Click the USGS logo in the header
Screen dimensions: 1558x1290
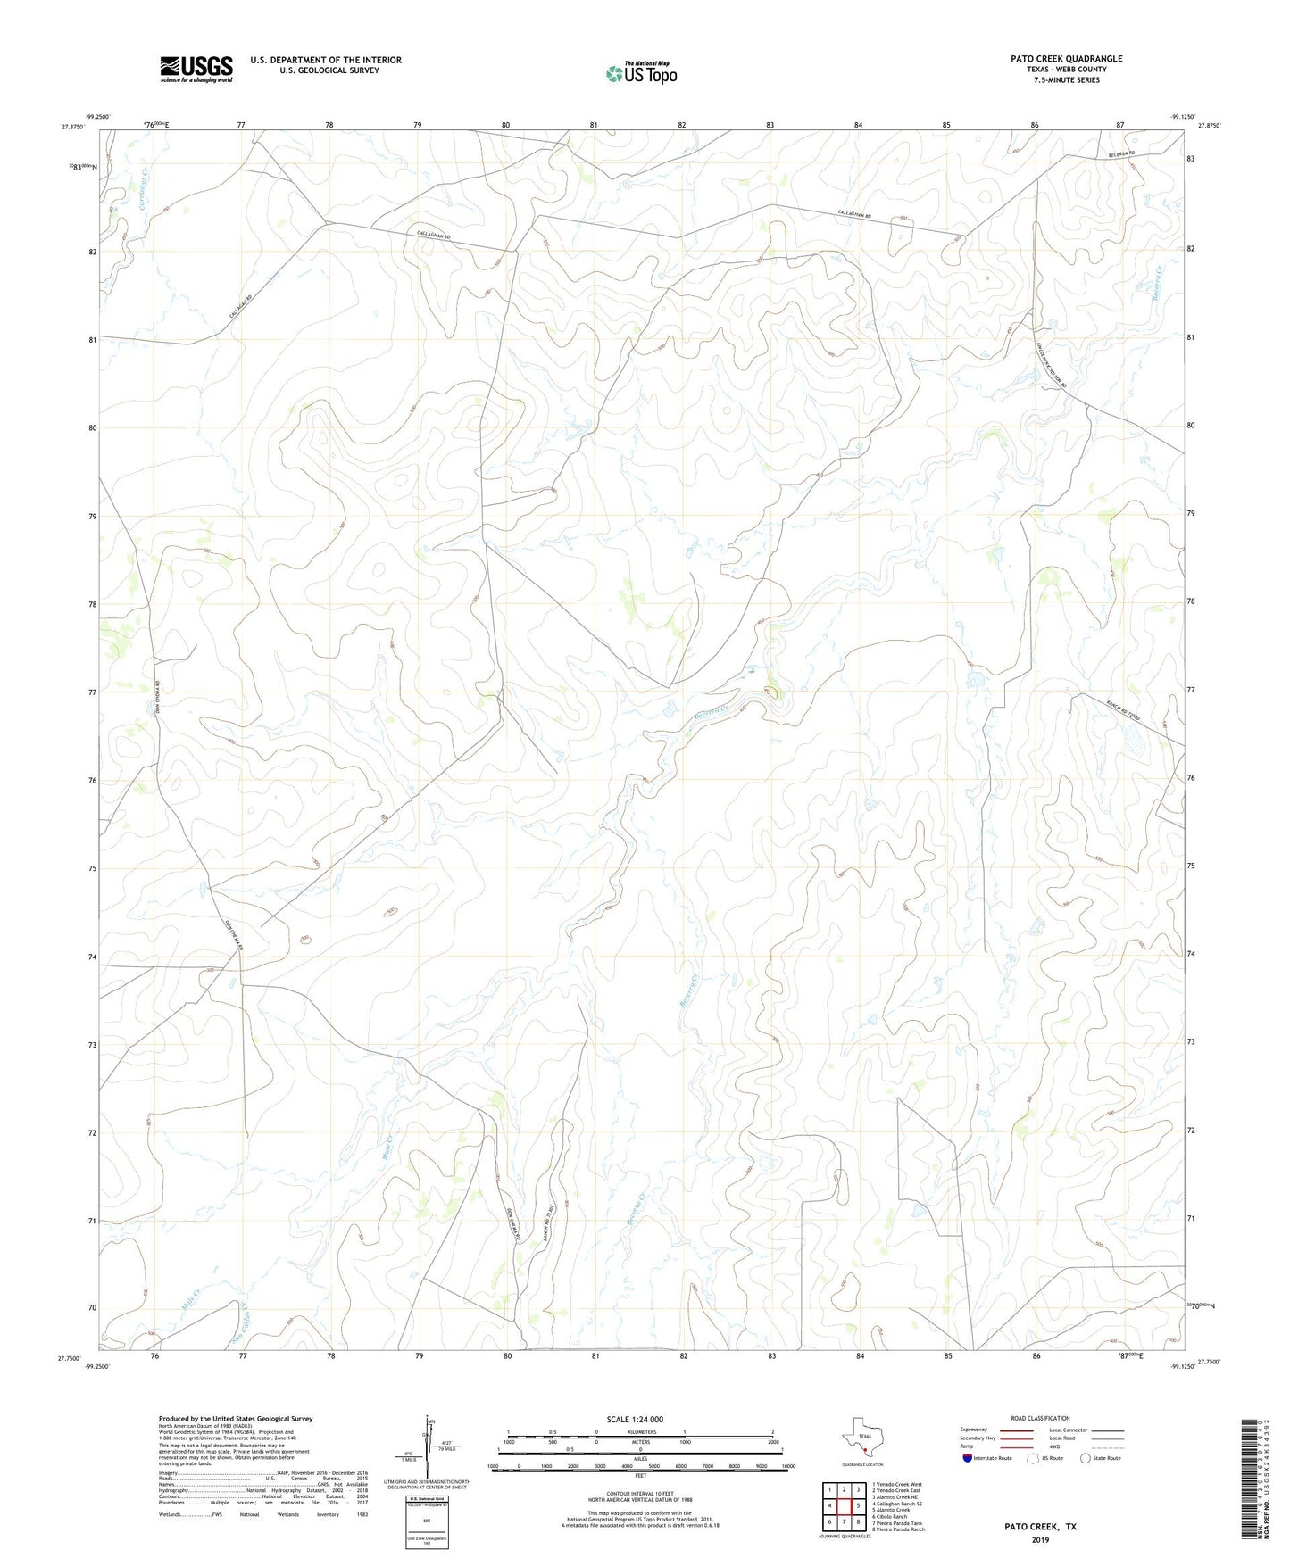(196, 69)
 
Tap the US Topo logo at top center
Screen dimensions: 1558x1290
(641, 73)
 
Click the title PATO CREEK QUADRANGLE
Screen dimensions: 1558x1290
(1066, 59)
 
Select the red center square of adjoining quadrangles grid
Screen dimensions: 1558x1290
(844, 1505)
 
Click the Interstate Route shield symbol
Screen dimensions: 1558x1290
(968, 1458)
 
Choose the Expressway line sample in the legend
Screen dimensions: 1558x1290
(1016, 1430)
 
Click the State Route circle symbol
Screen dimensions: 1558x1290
(1086, 1458)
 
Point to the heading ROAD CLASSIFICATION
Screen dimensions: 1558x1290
(1040, 1418)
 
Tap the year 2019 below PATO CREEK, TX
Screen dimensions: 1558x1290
(1040, 1540)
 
